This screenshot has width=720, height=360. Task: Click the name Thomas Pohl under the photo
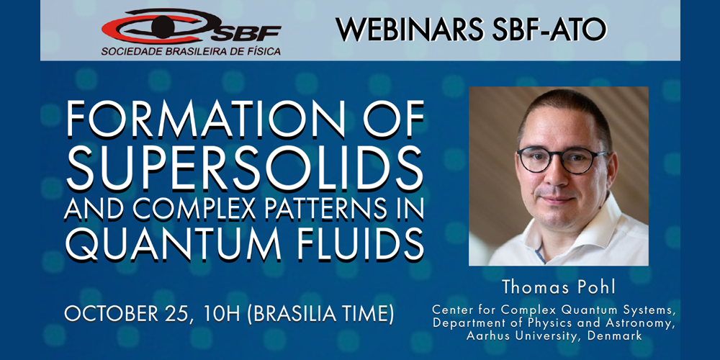(x=558, y=288)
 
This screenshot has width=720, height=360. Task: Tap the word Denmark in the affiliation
(x=618, y=336)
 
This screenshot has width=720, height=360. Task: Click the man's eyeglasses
(x=562, y=159)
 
